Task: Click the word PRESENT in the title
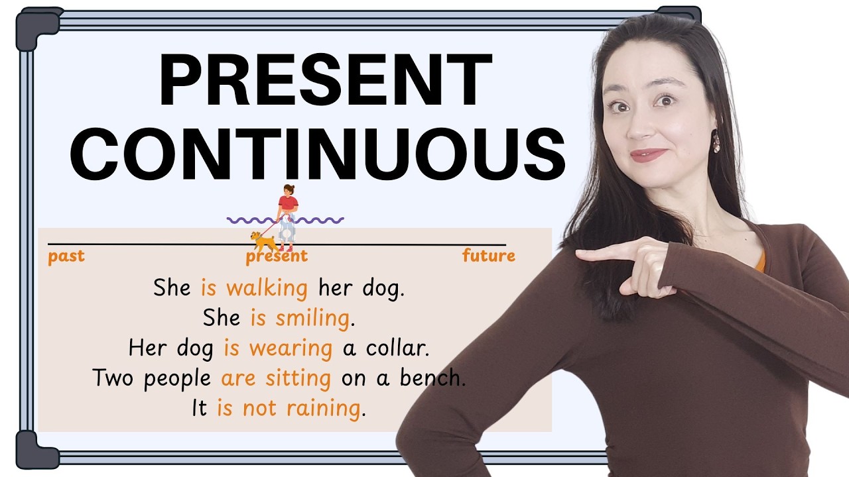pos(325,81)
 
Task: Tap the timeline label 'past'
pos(66,256)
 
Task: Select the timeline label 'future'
pos(488,256)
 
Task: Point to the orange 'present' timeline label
pos(277,256)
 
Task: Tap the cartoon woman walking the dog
pos(287,215)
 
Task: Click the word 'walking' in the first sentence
pos(267,288)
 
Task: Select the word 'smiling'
pos(312,318)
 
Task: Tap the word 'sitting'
pos(298,378)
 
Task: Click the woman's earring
pos(716,143)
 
